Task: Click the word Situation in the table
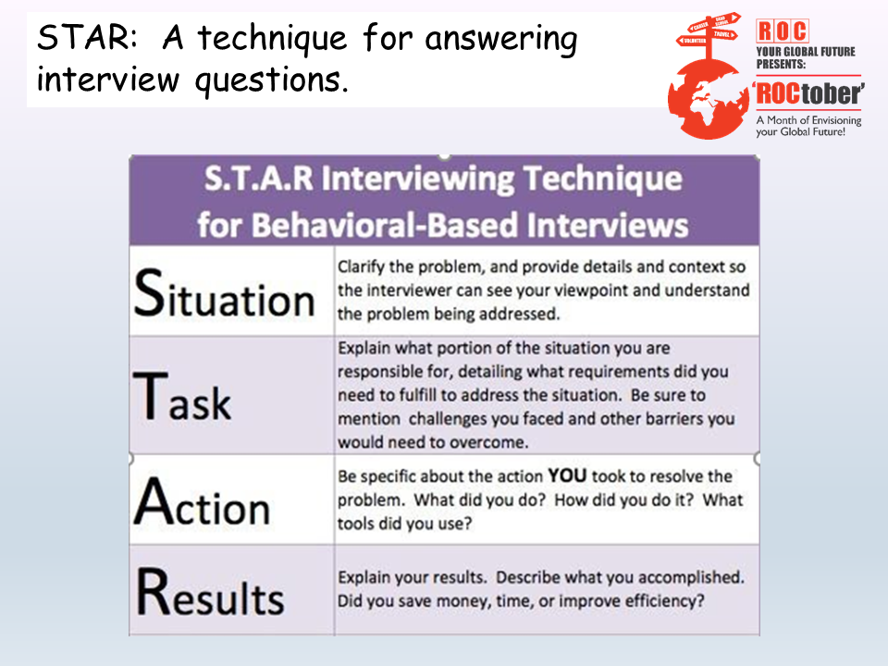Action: coord(224,293)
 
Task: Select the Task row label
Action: coord(182,396)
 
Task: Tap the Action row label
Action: coord(202,501)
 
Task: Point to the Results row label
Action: coord(210,592)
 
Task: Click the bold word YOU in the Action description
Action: coord(567,475)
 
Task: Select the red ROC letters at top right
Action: coord(783,31)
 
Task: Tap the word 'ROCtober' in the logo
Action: coord(808,92)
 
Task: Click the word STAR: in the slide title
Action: coord(87,37)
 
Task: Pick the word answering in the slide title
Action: coord(500,40)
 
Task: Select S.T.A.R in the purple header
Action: coord(258,179)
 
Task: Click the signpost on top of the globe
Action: coord(709,35)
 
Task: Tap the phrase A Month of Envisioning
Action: coord(808,120)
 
